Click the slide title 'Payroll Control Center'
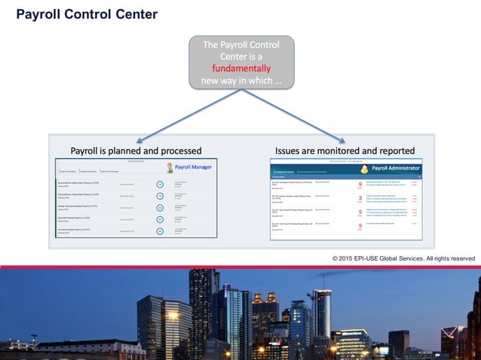(87, 14)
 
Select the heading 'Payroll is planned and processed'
(136, 150)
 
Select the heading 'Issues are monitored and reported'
(345, 150)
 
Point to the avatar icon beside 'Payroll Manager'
(170, 168)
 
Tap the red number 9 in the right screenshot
(360, 185)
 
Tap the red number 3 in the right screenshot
(360, 199)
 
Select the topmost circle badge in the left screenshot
(160, 184)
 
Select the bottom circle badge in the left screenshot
(160, 231)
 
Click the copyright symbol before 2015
(335, 258)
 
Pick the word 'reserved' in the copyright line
(460, 258)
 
